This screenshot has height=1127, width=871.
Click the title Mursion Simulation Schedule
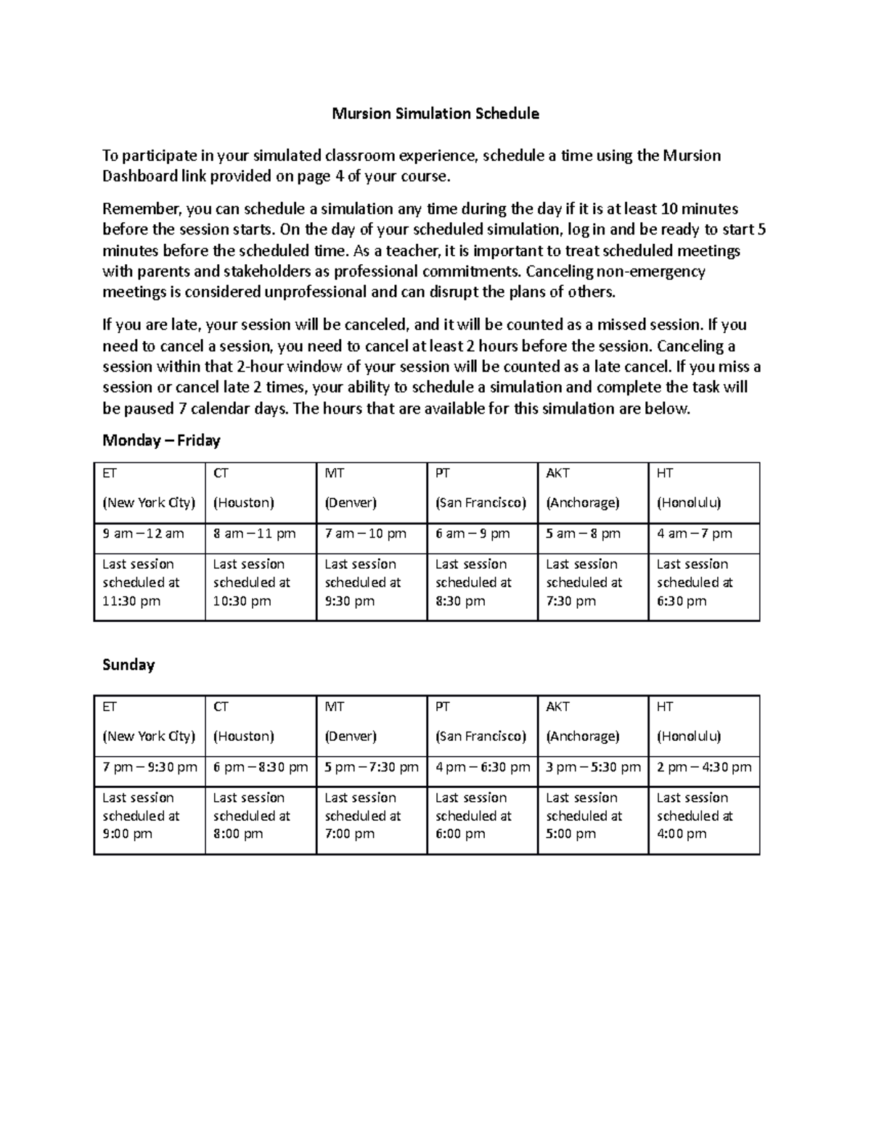point(435,113)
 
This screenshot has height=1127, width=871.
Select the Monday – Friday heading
point(161,440)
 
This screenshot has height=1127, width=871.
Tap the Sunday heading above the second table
point(128,665)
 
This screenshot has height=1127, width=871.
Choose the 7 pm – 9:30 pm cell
point(150,767)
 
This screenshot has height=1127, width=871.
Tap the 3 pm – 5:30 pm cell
point(593,767)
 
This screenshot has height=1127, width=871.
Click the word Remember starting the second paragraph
point(141,209)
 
